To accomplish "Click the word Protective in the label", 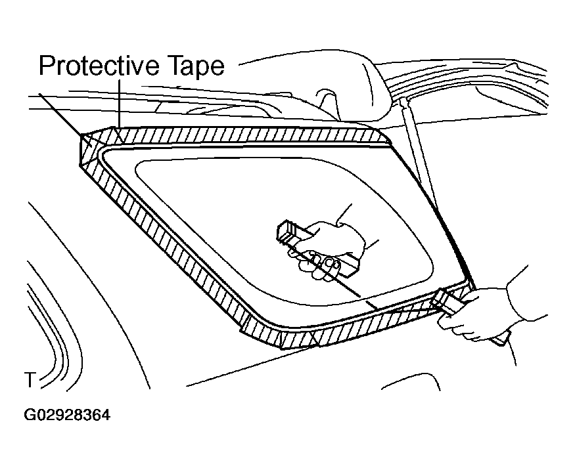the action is pyautogui.click(x=99, y=66).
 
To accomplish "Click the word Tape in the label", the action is pyautogui.click(x=196, y=66).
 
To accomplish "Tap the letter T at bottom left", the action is pyautogui.click(x=30, y=380).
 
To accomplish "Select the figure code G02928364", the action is pyautogui.click(x=67, y=416).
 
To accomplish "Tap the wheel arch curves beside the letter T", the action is pyautogui.click(x=51, y=329).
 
